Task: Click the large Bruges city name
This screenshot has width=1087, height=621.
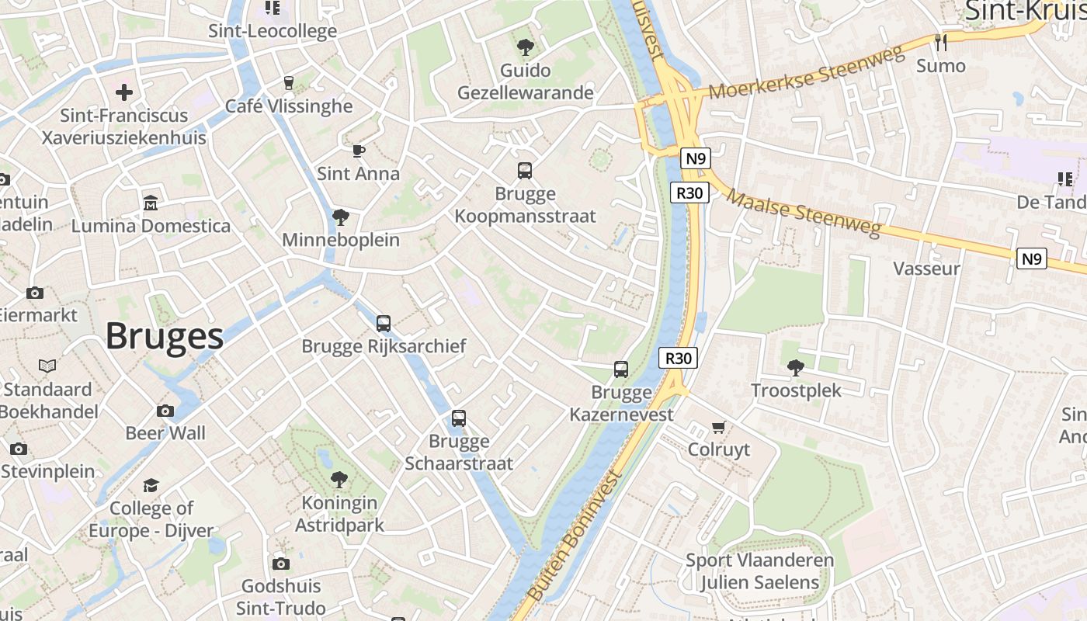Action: [x=165, y=337]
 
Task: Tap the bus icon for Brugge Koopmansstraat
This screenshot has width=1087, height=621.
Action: [x=525, y=171]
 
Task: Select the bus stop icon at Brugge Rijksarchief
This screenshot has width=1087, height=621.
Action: [x=384, y=324]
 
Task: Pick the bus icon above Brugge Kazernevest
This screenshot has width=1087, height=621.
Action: [x=621, y=369]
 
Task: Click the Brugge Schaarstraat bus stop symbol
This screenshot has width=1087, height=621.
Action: [x=459, y=418]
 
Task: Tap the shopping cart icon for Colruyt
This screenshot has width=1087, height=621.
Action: [x=719, y=427]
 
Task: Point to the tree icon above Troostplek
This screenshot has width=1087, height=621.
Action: [x=795, y=367]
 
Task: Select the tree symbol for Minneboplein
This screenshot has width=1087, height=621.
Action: [x=340, y=217]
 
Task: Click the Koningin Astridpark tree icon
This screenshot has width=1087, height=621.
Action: [x=339, y=480]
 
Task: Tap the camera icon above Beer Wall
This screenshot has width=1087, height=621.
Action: [x=165, y=411]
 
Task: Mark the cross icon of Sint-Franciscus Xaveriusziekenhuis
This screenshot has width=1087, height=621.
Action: [x=124, y=93]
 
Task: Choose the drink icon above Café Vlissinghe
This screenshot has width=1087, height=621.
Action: [x=289, y=83]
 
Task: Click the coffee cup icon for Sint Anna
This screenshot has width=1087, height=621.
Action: [x=358, y=151]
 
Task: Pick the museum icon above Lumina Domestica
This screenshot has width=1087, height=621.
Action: [x=151, y=203]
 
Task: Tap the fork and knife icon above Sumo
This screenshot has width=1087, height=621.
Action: [x=941, y=43]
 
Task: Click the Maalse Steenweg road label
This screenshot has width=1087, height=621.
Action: [x=804, y=213]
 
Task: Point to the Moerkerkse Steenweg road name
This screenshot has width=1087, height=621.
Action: [x=807, y=74]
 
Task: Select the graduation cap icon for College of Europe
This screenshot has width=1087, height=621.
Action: [x=151, y=485]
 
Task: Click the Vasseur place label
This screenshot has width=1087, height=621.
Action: [x=927, y=269]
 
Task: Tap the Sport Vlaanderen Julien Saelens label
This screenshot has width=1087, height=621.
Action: [x=759, y=571]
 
